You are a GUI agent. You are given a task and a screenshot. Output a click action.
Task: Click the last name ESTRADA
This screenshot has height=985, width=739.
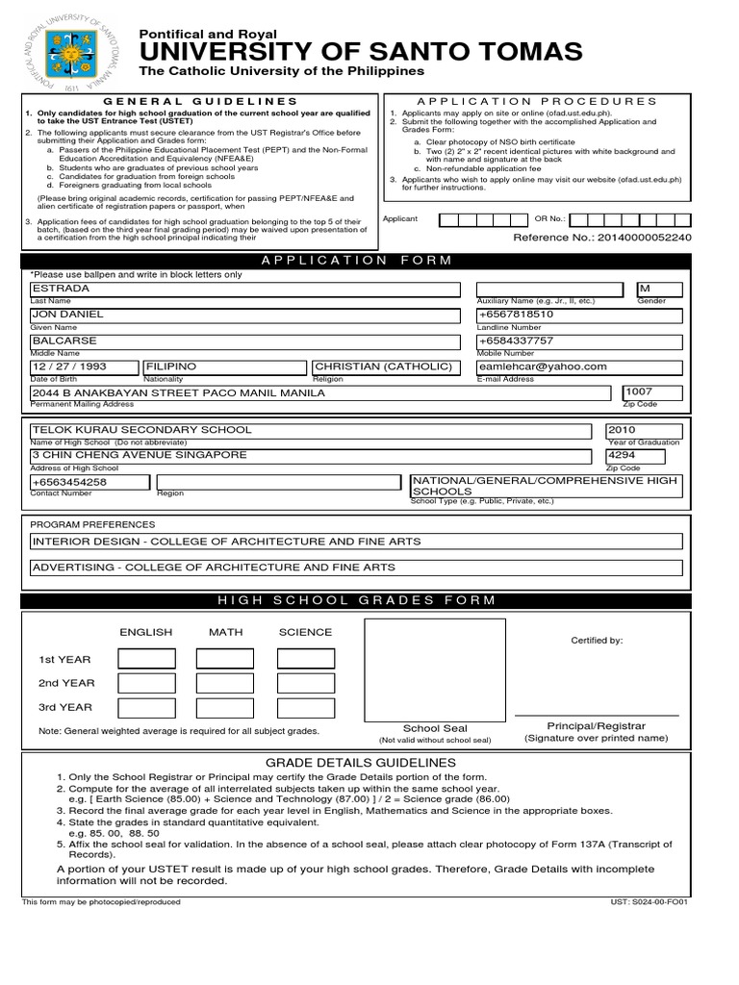point(60,289)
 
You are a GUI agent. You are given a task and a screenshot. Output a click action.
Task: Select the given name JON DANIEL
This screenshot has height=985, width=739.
point(71,315)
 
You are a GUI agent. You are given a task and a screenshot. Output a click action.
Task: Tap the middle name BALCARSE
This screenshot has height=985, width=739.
point(64,341)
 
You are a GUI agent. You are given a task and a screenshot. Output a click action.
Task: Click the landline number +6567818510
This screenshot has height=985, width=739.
point(516,315)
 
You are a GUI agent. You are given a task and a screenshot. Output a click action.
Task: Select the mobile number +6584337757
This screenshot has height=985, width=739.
point(516,341)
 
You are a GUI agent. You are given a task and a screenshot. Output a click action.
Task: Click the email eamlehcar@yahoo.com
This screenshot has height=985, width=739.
point(543,366)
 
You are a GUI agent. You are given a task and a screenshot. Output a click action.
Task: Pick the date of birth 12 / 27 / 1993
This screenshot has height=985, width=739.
point(69,366)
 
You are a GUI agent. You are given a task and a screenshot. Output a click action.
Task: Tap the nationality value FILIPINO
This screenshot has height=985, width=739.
point(171,366)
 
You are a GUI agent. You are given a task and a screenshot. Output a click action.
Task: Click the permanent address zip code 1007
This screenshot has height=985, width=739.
point(640,392)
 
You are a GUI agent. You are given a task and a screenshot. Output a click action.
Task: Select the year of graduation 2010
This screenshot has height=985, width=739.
point(622,430)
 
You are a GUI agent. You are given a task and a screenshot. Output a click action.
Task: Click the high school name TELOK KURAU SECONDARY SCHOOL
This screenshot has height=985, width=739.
point(142,430)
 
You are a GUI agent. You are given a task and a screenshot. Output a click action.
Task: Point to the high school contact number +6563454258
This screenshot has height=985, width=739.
point(69,482)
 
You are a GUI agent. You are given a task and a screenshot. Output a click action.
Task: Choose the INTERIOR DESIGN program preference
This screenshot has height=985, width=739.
point(227,542)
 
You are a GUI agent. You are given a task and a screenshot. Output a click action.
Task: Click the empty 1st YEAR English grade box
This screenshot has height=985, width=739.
point(146,659)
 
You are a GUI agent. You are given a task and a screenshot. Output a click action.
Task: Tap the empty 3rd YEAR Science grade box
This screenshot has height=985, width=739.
point(306,707)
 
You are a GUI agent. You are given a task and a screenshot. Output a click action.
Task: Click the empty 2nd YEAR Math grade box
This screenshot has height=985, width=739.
point(225,683)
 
